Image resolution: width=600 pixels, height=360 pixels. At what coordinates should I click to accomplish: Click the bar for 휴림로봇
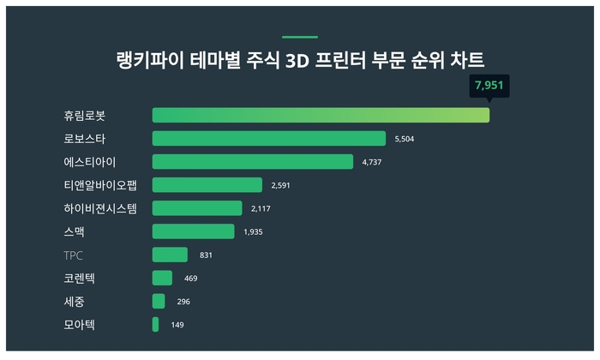point(321,115)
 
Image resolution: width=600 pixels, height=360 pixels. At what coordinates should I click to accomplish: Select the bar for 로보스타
point(269,138)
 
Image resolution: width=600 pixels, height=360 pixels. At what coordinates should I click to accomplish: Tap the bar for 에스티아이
point(253,161)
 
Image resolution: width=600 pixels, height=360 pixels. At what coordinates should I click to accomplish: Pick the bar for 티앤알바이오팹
point(207,184)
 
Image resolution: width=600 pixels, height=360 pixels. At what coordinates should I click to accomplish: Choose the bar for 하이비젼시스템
point(197,207)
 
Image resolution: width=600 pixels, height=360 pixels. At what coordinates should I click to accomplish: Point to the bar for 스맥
point(193,231)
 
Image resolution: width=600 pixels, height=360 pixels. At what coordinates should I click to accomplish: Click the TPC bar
point(170,255)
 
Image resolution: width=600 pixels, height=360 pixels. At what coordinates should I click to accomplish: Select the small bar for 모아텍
point(155,324)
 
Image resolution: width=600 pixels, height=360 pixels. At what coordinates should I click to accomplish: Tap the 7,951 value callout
point(489,86)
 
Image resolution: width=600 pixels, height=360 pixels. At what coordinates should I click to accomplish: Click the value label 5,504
point(405,138)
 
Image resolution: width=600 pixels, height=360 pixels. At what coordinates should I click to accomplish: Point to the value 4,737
point(372,161)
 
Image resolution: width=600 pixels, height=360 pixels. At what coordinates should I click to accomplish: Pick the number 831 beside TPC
point(205,255)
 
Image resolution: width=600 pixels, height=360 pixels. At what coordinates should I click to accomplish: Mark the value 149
point(177,325)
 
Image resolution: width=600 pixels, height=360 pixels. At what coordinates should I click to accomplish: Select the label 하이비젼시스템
point(100,207)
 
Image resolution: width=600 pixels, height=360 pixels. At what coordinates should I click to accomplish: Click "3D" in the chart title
point(339,60)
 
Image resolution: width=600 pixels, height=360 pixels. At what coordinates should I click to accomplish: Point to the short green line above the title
point(299,37)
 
